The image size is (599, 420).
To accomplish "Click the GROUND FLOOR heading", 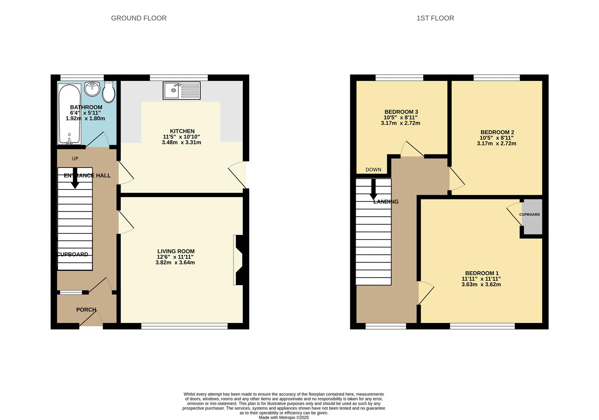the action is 139,18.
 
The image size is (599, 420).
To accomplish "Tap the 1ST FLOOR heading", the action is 435,18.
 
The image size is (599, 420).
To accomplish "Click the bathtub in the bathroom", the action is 70,114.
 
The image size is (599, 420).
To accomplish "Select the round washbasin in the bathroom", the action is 92,89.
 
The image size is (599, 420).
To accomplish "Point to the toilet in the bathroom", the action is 109,92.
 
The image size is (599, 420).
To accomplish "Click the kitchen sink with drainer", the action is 182,91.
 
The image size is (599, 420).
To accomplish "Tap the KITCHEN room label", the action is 182,131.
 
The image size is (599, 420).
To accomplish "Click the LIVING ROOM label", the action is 176,251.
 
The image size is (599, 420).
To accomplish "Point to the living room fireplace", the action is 239,260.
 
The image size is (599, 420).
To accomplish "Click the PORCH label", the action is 86,310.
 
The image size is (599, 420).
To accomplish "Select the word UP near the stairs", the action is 75,159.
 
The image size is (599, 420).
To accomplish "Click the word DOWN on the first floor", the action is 373,170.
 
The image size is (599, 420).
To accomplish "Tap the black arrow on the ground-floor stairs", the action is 75,178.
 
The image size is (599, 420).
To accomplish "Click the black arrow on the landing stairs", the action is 373,189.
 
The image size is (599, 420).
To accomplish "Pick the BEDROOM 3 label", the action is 401,112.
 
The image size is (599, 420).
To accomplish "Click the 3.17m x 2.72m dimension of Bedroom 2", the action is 496,143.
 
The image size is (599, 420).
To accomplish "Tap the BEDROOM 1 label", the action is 482,273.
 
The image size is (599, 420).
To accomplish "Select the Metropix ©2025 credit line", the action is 284,418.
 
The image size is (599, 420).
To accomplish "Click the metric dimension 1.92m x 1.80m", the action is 85,118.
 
